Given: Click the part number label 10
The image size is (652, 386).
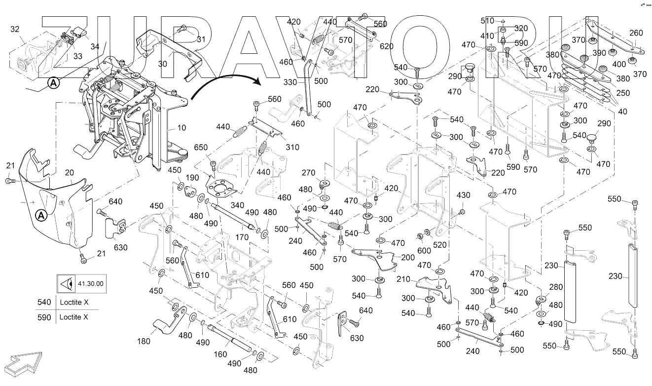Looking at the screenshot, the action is coord(181,128).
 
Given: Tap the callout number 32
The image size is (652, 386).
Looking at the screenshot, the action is coord(15,29).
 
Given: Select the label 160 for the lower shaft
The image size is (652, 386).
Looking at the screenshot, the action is coord(220,354).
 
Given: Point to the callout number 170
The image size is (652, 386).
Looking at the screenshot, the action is coord(242,237).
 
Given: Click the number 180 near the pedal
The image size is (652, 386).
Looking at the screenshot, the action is coord(144,341).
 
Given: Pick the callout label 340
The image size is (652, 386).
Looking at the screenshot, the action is coord(237,205).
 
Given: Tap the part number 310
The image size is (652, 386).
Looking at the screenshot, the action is coord(292,147).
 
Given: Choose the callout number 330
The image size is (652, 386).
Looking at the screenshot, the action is coord(290,82).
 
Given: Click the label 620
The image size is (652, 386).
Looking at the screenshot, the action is coord(387,46).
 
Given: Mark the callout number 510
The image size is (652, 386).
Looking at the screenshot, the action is coord(487,21).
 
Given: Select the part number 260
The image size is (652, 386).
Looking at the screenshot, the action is coord(636,33).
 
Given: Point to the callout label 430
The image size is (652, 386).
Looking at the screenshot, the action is coord(464,195).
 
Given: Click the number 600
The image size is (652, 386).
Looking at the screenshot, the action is coord(424,251).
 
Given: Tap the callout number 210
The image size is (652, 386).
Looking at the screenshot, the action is coord(403,279).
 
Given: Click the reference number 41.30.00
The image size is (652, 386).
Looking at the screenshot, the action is coord(91,284).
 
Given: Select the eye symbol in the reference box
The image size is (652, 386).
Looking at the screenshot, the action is coord(67,284).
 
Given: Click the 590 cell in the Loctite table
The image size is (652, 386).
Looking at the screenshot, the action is coord(44,317).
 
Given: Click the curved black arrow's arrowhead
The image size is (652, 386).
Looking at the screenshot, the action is coord(257,81).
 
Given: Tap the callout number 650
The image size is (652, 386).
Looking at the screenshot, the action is coord(201,147).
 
